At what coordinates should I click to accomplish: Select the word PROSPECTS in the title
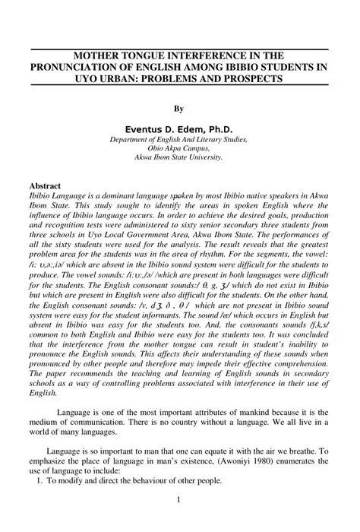tap(249, 78)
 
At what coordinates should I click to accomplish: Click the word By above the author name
tap(179, 108)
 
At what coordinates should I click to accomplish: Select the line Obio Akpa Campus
tap(178, 149)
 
